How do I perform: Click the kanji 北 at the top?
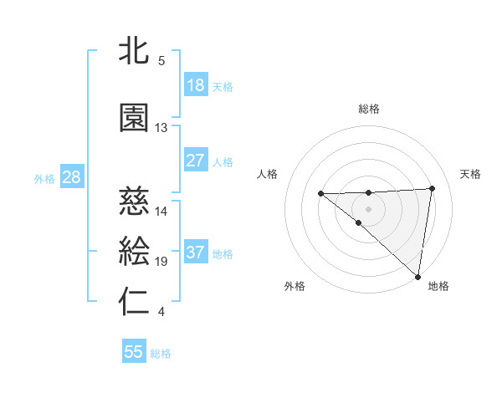tap(136, 52)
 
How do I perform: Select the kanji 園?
tap(136, 119)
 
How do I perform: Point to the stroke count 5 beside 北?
tap(161, 61)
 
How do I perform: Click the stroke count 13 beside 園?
tap(161, 128)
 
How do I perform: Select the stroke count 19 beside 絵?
tap(161, 262)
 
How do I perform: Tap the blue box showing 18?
tap(195, 85)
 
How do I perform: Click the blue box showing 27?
tap(195, 160)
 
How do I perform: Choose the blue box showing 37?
tap(195, 253)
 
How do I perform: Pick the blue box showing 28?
tap(71, 177)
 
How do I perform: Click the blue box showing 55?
tap(134, 352)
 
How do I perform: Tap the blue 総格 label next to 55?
tap(161, 354)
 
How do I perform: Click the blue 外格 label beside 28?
tap(44, 178)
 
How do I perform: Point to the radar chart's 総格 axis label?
tap(369, 109)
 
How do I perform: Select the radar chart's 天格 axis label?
tap(470, 174)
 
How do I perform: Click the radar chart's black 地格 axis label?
tap(438, 286)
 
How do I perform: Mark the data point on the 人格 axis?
tap(320, 194)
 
